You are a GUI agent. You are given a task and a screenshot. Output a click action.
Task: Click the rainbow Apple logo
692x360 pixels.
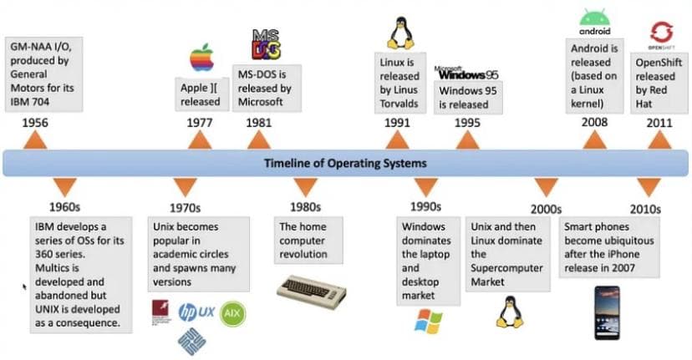coord(201,58)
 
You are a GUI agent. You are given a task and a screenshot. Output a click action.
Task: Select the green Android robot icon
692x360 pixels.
coord(593,17)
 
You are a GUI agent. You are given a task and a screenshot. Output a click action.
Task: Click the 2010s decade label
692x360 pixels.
coord(645,209)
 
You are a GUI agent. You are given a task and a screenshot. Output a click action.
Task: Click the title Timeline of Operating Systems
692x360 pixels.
coord(345,163)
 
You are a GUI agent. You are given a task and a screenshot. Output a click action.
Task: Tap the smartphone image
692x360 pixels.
coord(607,312)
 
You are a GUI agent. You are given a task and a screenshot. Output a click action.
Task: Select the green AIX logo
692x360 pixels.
coord(233,313)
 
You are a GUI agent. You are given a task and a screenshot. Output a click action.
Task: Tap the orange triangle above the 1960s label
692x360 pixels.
coord(67,186)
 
